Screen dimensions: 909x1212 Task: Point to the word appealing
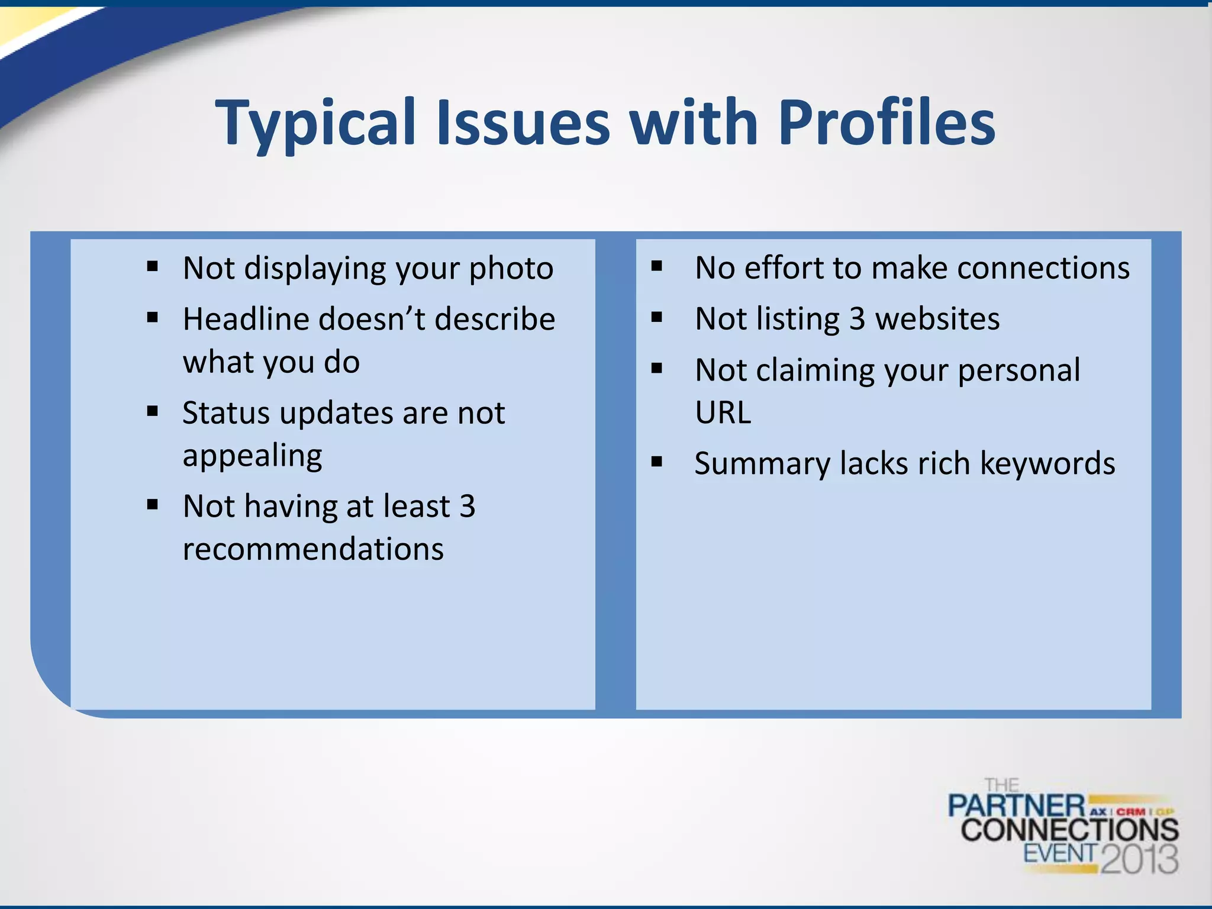(x=253, y=456)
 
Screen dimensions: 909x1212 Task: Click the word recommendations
(x=313, y=549)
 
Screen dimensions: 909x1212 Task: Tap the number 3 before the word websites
(x=858, y=320)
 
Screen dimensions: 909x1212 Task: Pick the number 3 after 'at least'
(x=468, y=507)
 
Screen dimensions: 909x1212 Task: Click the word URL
(x=723, y=413)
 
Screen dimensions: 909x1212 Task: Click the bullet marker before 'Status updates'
(x=153, y=411)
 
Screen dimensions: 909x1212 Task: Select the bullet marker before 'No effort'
(x=656, y=266)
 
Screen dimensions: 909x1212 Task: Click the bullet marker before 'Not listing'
(x=656, y=318)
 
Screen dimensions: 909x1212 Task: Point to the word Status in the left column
(x=226, y=413)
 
